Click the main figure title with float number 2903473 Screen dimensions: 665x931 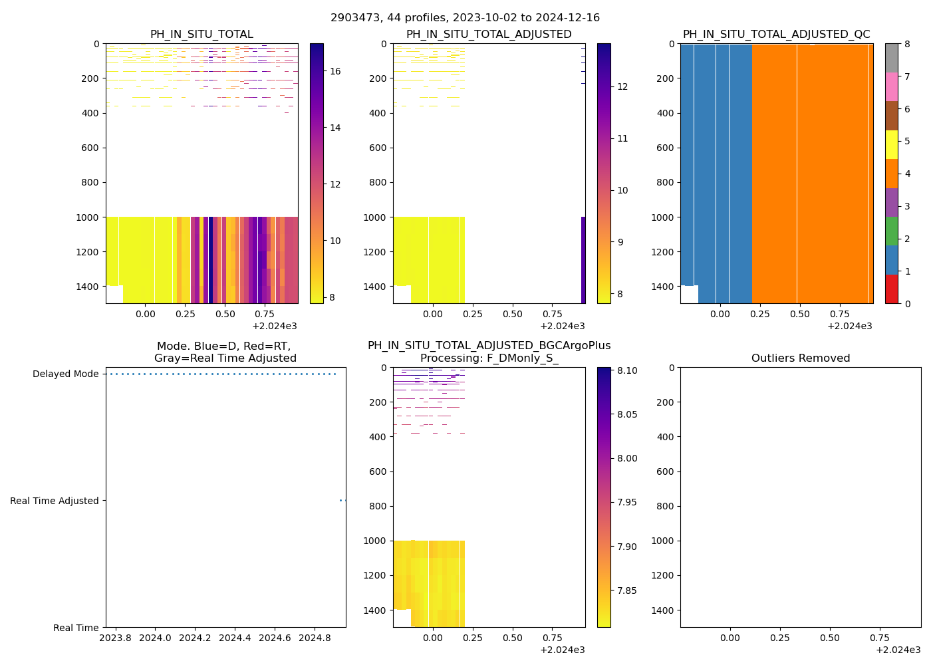(465, 18)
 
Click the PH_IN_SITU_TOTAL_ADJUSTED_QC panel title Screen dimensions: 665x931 (776, 35)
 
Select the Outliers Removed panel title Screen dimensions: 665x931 (800, 358)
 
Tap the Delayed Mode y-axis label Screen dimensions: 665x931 (65, 374)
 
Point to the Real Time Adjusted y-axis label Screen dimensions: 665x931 (55, 501)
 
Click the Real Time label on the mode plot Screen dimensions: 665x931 (76, 628)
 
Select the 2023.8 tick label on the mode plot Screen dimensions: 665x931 (115, 638)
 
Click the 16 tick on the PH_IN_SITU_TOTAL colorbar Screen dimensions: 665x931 (335, 72)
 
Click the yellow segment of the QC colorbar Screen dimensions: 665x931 (891, 144)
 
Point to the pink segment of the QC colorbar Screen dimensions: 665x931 (891, 86)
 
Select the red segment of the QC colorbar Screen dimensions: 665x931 (891, 289)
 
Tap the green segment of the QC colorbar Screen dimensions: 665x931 (891, 231)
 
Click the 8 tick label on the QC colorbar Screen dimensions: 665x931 (907, 45)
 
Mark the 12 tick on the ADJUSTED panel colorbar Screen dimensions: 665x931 (622, 86)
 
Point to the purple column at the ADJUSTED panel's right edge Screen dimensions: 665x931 (583, 259)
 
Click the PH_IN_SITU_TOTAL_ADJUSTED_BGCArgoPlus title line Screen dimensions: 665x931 (489, 346)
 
